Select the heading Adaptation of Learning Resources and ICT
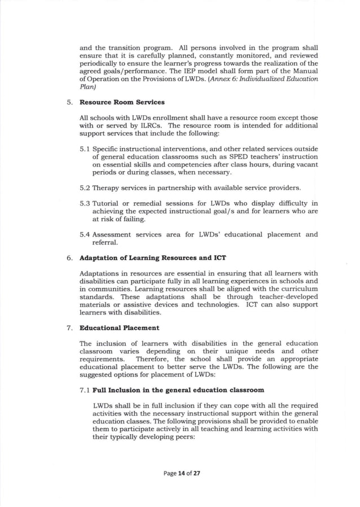point(152,258)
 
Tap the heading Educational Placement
point(119,327)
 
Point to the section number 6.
point(68,258)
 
